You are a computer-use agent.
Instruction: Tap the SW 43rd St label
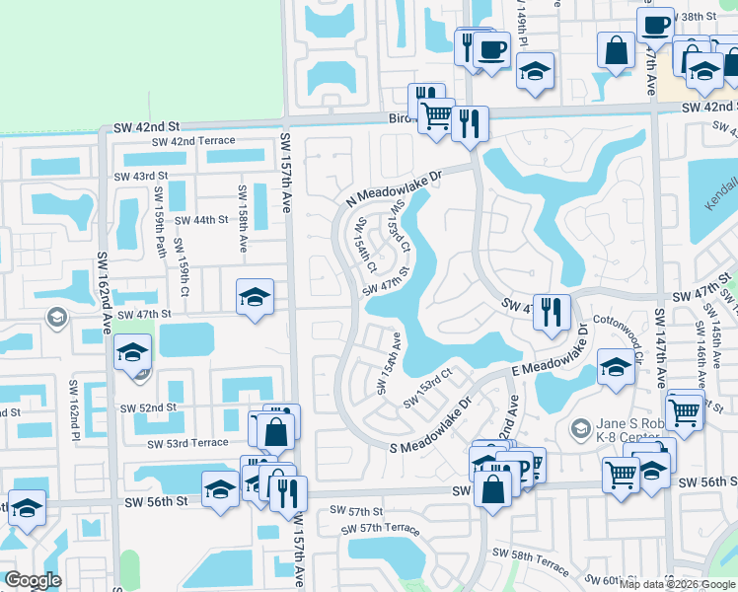(142, 176)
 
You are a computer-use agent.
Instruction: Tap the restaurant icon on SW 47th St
(551, 313)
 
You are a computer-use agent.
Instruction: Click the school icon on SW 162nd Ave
(132, 352)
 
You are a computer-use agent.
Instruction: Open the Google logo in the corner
(33, 580)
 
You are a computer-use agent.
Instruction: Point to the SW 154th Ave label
(388, 363)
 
